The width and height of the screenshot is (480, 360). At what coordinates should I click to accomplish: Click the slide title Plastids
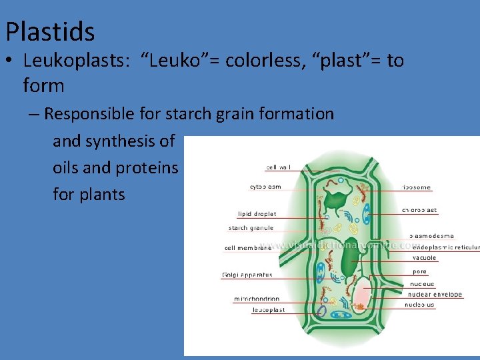point(50,31)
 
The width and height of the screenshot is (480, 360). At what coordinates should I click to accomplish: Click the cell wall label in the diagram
point(279,167)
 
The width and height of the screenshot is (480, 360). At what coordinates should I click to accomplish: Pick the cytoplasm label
point(265,187)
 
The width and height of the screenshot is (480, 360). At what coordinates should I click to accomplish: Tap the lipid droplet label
point(257,214)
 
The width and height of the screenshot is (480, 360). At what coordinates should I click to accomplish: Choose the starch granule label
point(251,228)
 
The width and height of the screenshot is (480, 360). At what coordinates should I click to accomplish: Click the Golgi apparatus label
point(247,275)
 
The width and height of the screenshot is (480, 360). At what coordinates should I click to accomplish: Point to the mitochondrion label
point(257,299)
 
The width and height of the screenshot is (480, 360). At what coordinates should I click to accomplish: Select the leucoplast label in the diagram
point(269,310)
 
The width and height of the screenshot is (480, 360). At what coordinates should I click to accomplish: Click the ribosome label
point(417,187)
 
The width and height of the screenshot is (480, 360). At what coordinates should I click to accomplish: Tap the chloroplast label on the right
point(419,210)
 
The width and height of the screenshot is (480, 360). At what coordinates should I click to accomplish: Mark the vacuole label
point(424,258)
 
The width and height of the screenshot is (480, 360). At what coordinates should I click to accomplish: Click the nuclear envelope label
point(434,294)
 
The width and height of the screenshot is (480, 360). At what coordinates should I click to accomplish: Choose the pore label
point(419,271)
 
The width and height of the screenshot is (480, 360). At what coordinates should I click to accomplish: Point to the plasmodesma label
point(431,235)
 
